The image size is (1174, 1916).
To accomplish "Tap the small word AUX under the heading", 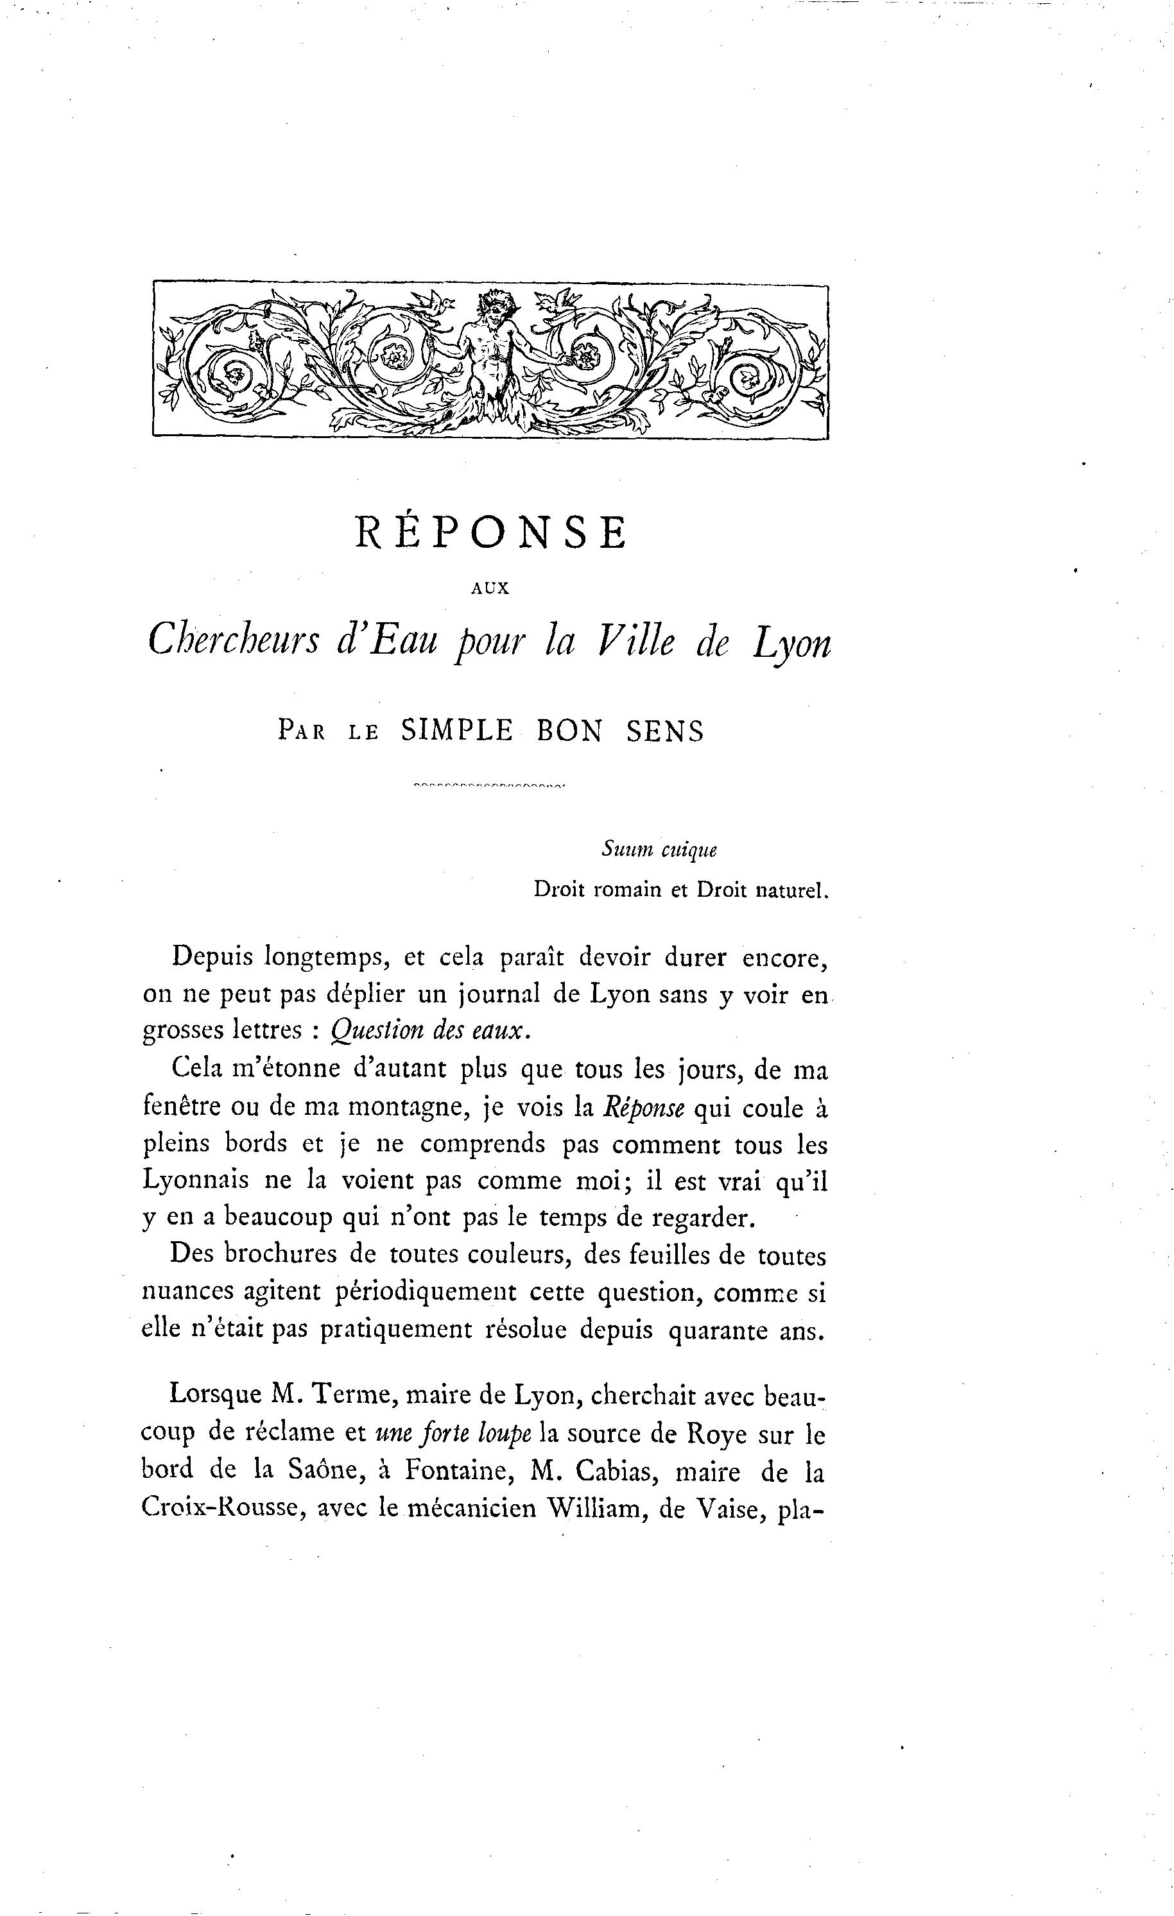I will click(x=490, y=589).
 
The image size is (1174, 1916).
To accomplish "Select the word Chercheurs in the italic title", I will click(x=234, y=642).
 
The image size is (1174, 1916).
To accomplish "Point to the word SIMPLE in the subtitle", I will click(x=456, y=731).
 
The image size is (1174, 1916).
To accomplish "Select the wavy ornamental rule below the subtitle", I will click(x=490, y=784).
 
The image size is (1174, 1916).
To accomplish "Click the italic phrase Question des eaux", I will click(x=430, y=1030).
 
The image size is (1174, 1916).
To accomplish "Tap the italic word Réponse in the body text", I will click(x=643, y=1107).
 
